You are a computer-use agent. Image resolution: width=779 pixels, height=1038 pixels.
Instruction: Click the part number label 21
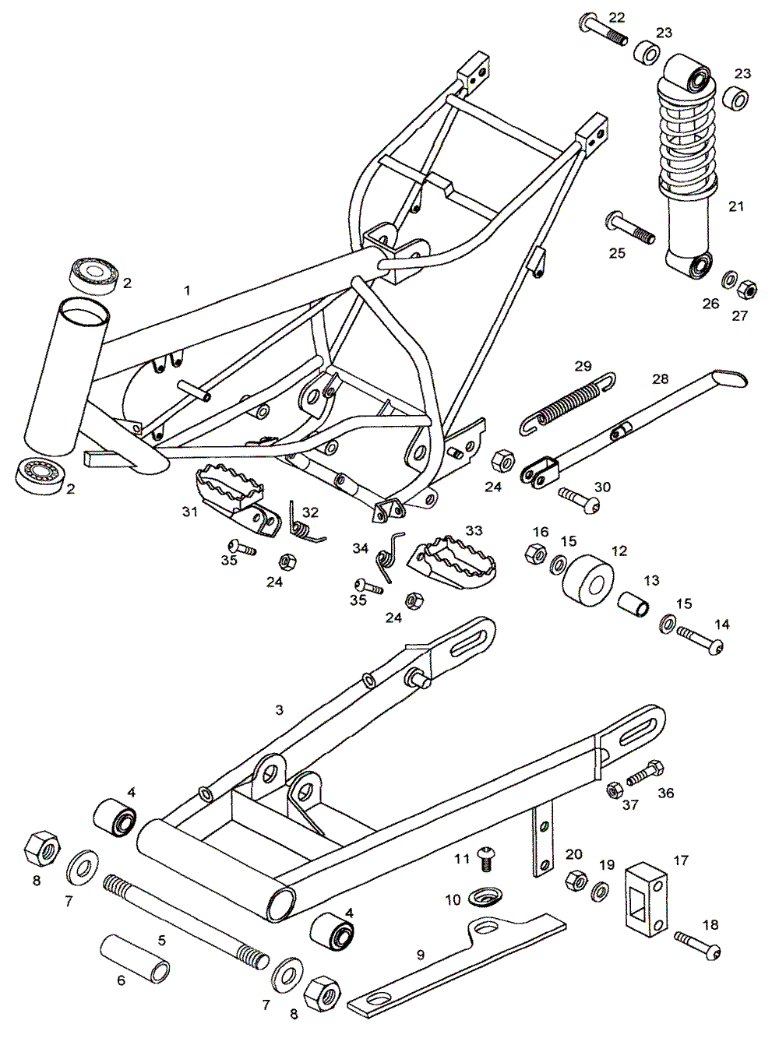736,206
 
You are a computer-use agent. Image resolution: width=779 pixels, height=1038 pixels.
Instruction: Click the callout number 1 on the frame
187,290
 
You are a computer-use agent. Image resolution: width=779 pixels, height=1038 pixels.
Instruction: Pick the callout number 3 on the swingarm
280,710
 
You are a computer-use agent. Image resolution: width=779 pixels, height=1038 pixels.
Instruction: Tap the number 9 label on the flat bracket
421,955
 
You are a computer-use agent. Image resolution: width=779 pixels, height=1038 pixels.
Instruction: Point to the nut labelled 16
535,554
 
